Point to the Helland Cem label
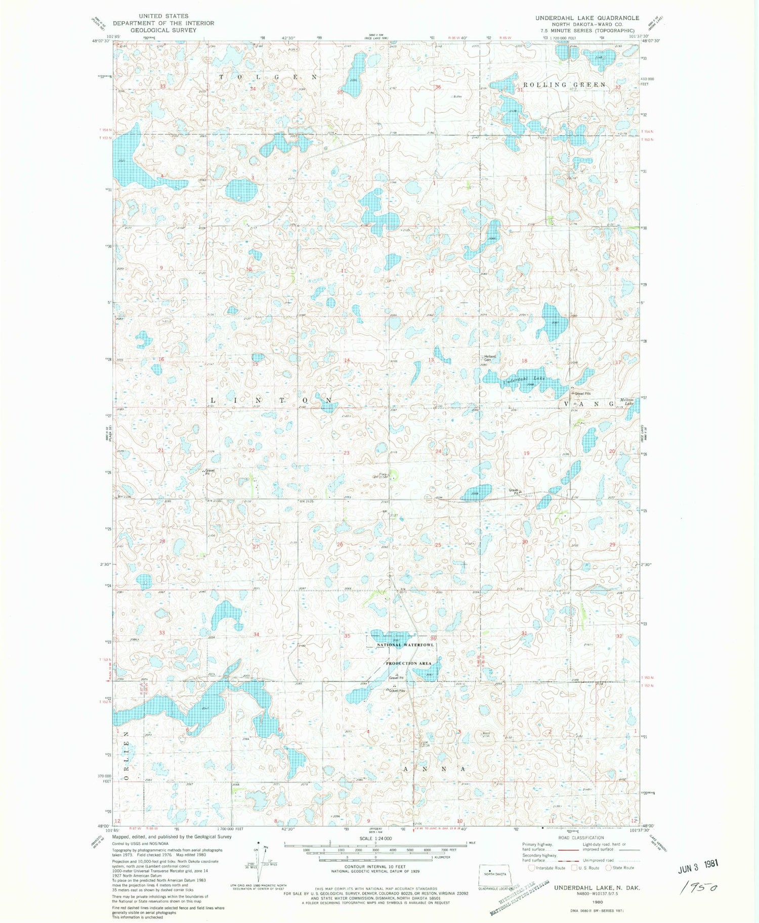pos(489,357)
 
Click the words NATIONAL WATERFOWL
pos(404,645)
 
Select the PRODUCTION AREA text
pos(408,663)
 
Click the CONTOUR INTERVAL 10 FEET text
pos(375,866)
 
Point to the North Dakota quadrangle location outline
pos(496,874)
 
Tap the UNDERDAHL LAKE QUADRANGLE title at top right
pos(587,18)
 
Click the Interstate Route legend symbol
pos(532,868)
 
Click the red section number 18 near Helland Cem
pos(524,360)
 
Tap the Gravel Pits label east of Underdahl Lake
pos(581,393)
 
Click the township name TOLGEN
pos(268,77)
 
